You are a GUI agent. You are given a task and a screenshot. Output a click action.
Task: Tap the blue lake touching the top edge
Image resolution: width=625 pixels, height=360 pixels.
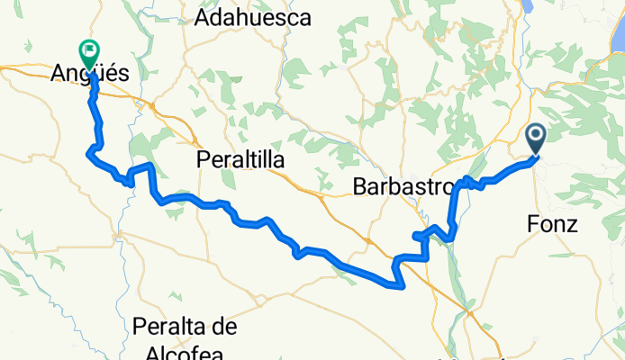[529, 7]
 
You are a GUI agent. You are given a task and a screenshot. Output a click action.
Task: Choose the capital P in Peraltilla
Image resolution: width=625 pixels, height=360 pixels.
[203, 160]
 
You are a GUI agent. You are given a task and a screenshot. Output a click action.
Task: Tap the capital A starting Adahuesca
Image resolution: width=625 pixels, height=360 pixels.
[213, 18]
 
